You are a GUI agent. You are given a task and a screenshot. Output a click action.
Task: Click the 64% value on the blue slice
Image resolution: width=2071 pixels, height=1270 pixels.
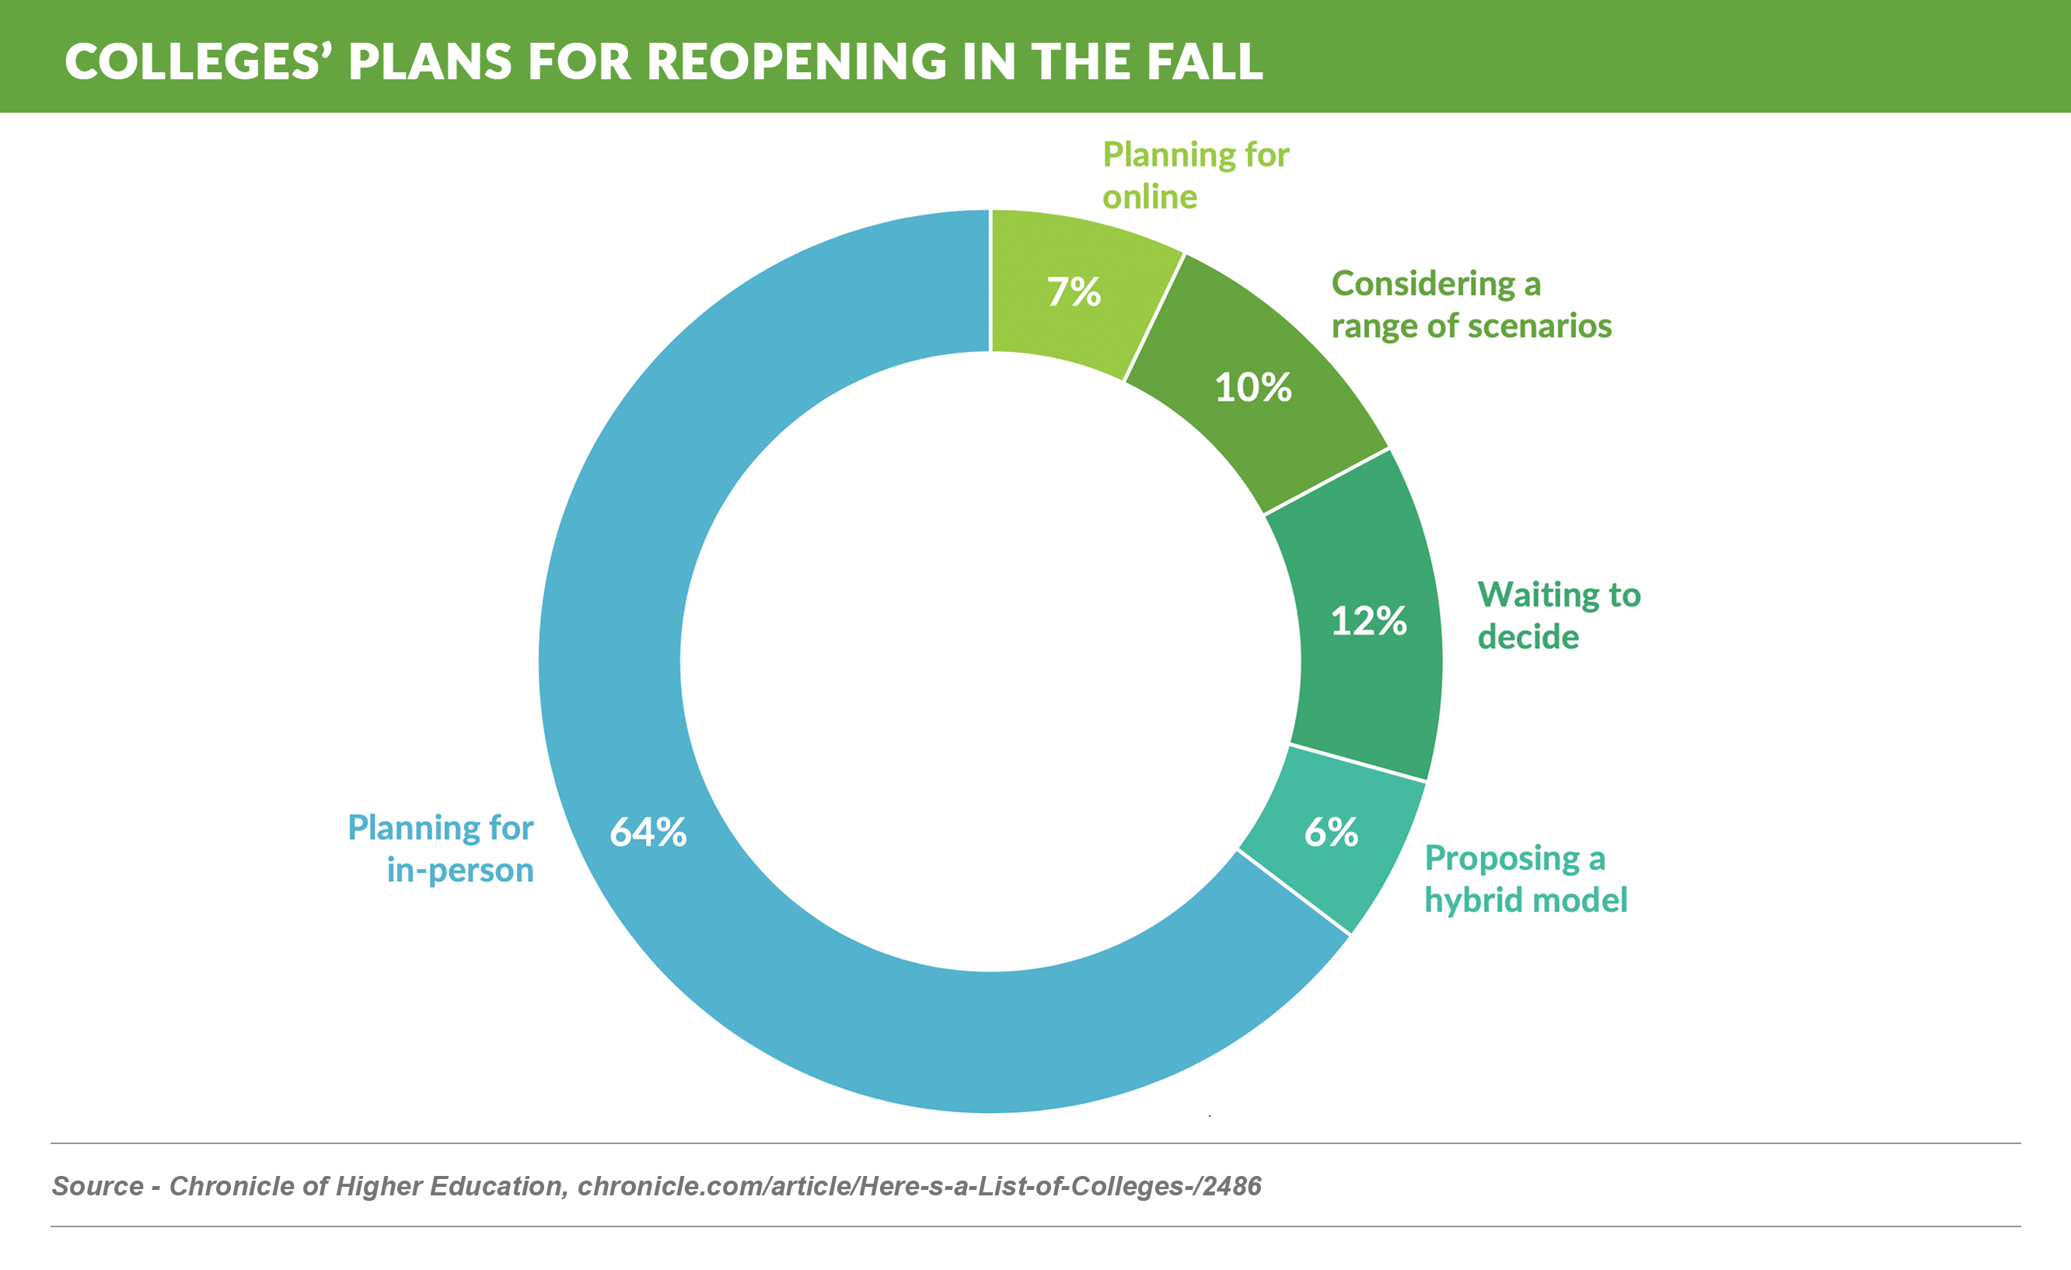[x=648, y=832]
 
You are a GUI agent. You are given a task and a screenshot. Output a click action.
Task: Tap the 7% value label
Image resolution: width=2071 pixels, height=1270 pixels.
[x=1074, y=291]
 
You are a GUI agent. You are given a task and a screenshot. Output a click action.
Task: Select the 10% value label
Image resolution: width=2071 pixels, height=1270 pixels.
[x=1252, y=388]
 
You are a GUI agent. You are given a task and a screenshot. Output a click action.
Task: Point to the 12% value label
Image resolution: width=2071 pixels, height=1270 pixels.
[x=1368, y=621]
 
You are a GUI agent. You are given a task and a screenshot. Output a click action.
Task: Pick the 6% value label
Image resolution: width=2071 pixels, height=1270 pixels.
[x=1330, y=832]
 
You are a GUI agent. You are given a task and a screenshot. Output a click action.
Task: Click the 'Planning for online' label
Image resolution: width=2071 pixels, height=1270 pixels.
[x=1195, y=176]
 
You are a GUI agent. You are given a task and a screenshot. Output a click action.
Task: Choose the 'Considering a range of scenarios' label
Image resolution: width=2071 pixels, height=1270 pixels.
[x=1471, y=304]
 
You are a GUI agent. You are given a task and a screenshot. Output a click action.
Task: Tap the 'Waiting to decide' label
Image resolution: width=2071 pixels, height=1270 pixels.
[x=1558, y=616]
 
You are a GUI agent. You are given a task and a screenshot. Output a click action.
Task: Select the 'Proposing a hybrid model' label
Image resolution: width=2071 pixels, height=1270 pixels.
[x=1525, y=878]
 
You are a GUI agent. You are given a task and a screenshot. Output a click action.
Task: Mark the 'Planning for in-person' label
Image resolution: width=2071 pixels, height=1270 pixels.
[x=442, y=848]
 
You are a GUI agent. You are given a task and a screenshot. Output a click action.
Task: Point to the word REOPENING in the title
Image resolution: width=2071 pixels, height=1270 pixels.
[x=798, y=61]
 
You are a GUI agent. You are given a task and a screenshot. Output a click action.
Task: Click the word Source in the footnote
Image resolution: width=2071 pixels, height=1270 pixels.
[x=97, y=1186]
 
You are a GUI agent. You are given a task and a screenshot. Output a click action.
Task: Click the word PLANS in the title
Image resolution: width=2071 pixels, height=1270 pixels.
[x=429, y=61]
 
